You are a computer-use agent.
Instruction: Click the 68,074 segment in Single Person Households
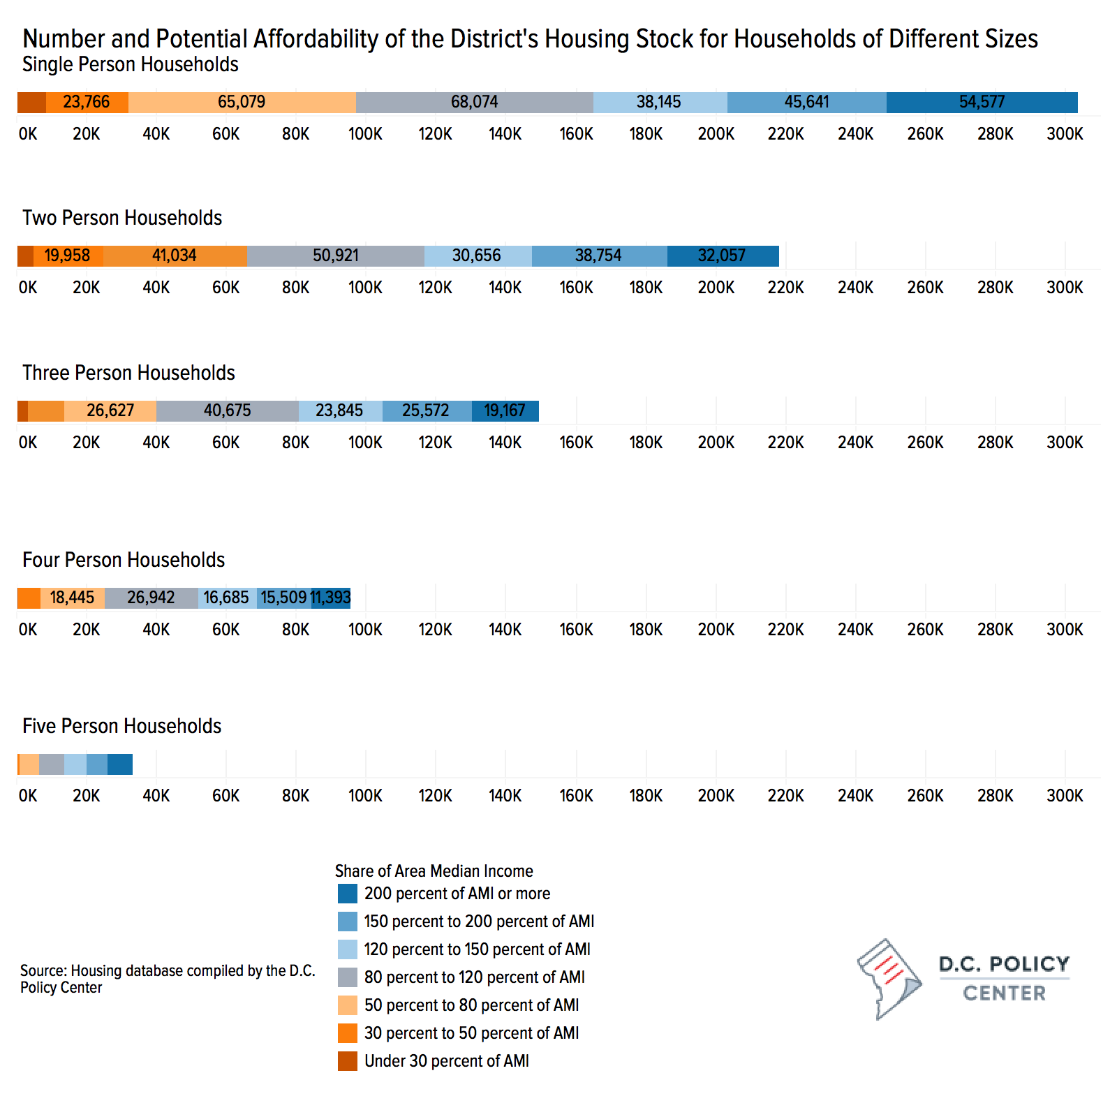[x=475, y=102]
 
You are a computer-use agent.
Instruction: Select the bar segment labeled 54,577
[x=982, y=102]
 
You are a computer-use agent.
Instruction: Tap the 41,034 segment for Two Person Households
[x=175, y=256]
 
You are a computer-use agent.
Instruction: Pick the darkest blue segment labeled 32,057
[x=723, y=256]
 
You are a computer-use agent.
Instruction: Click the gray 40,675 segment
[x=228, y=410]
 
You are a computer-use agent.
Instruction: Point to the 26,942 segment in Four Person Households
[x=151, y=598]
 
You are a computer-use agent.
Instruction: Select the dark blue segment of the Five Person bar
[x=120, y=764]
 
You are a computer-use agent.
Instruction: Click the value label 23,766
[x=87, y=102]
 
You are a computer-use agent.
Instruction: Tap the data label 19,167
[x=505, y=410]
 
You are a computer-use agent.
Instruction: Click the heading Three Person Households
[x=128, y=373]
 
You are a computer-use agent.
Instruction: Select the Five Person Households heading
[x=121, y=726]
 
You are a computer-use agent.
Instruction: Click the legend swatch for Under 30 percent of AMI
[x=348, y=1061]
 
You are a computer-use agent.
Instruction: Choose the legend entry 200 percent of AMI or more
[x=457, y=894]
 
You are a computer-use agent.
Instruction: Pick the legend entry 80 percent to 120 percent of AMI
[x=475, y=977]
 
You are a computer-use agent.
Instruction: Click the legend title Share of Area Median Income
[x=434, y=871]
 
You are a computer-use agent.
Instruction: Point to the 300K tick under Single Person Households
[x=1065, y=134]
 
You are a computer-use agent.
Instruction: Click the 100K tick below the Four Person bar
[x=365, y=630]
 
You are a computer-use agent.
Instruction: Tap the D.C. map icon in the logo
[x=889, y=979]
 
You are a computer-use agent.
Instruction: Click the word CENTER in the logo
[x=1005, y=993]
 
